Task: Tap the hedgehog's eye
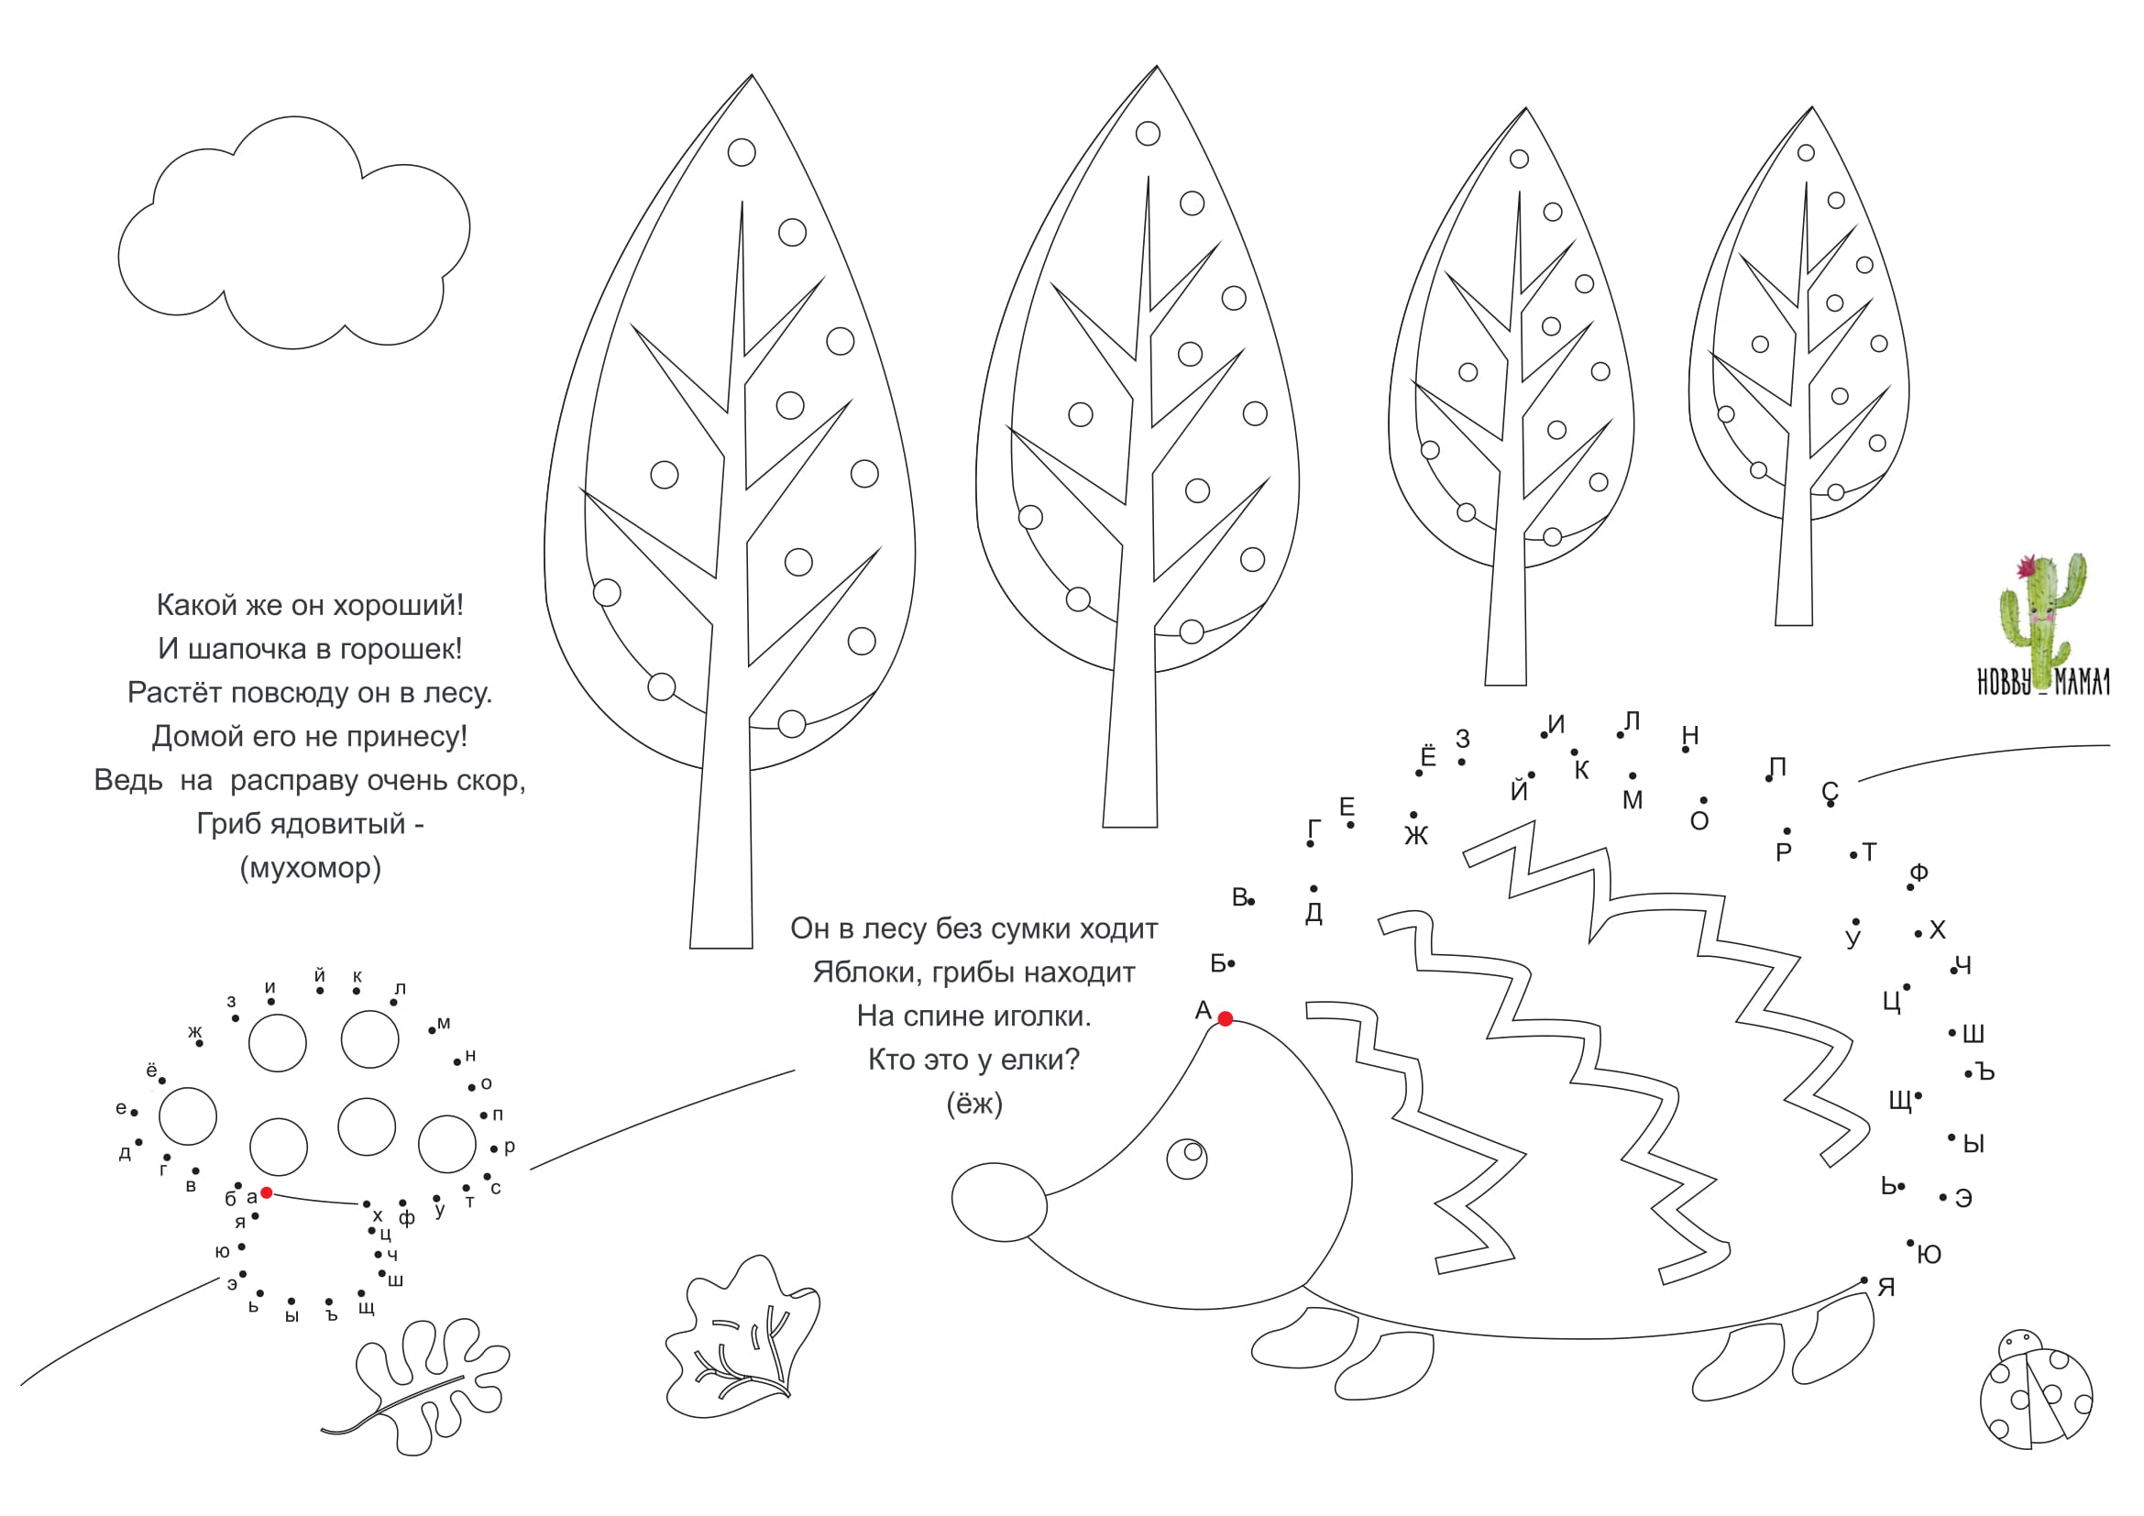tap(1187, 1159)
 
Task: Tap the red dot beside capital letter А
tap(1226, 1019)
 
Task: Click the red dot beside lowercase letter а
tap(266, 1193)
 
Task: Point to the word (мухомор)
tap(311, 868)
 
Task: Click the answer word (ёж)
tap(974, 1104)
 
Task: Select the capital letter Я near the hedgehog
tap(1886, 1288)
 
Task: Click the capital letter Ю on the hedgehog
tap(1930, 1256)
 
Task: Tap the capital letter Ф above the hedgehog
tap(1919, 873)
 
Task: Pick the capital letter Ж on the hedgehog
tap(1416, 837)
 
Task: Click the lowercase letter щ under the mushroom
tap(366, 1308)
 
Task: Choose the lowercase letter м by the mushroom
tap(444, 1024)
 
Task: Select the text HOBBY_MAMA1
tap(2043, 684)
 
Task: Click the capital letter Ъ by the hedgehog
tap(1985, 1072)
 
